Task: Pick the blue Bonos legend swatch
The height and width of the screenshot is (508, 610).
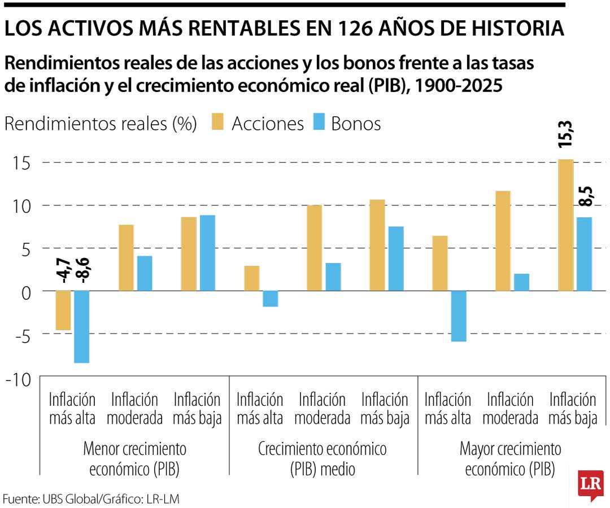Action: click(x=318, y=123)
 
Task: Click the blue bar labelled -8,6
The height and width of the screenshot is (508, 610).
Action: click(x=82, y=326)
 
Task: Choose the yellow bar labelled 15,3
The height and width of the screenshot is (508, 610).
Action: click(x=566, y=225)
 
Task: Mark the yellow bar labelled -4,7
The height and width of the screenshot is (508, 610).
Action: click(x=63, y=310)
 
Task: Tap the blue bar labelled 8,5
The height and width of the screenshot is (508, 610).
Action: click(x=584, y=254)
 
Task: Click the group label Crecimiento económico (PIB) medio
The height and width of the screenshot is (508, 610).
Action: click(x=322, y=458)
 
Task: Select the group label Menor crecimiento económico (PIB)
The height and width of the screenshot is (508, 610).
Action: click(x=134, y=458)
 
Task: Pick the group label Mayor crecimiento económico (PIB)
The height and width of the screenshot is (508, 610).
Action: click(x=510, y=458)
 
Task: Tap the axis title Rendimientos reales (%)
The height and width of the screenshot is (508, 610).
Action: click(x=101, y=123)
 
